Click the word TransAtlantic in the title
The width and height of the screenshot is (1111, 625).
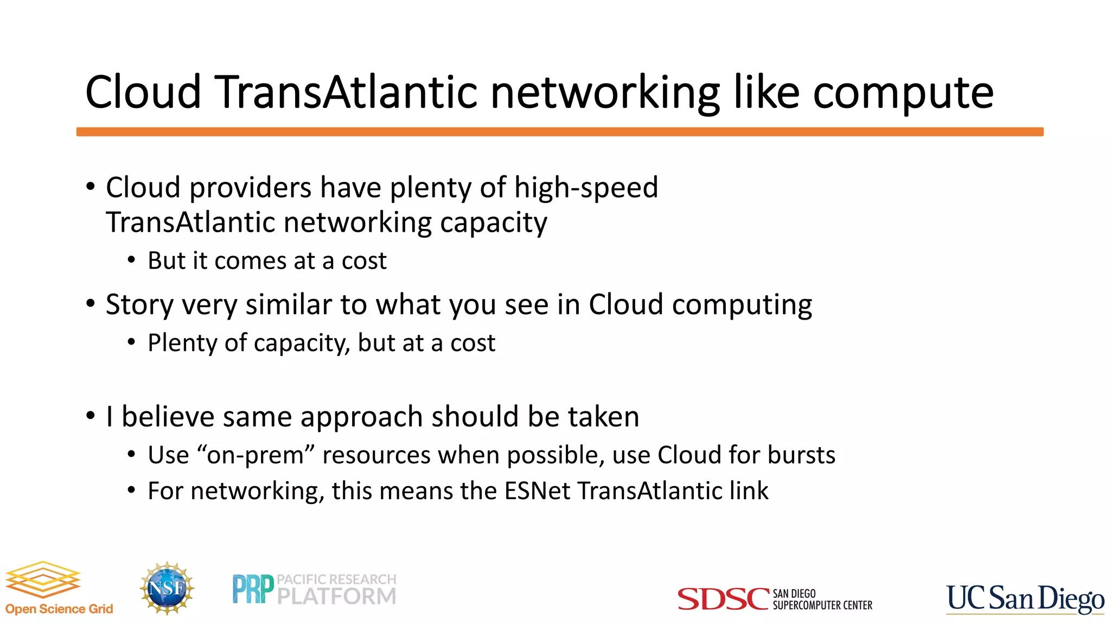point(347,92)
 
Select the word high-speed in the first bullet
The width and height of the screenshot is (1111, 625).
point(586,188)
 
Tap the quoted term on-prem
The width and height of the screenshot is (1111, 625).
point(255,455)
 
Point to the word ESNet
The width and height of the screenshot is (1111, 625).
point(537,491)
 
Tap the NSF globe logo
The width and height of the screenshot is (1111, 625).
point(167,588)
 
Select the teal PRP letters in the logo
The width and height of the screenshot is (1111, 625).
point(253,589)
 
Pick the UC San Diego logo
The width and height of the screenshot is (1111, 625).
point(1025,599)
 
